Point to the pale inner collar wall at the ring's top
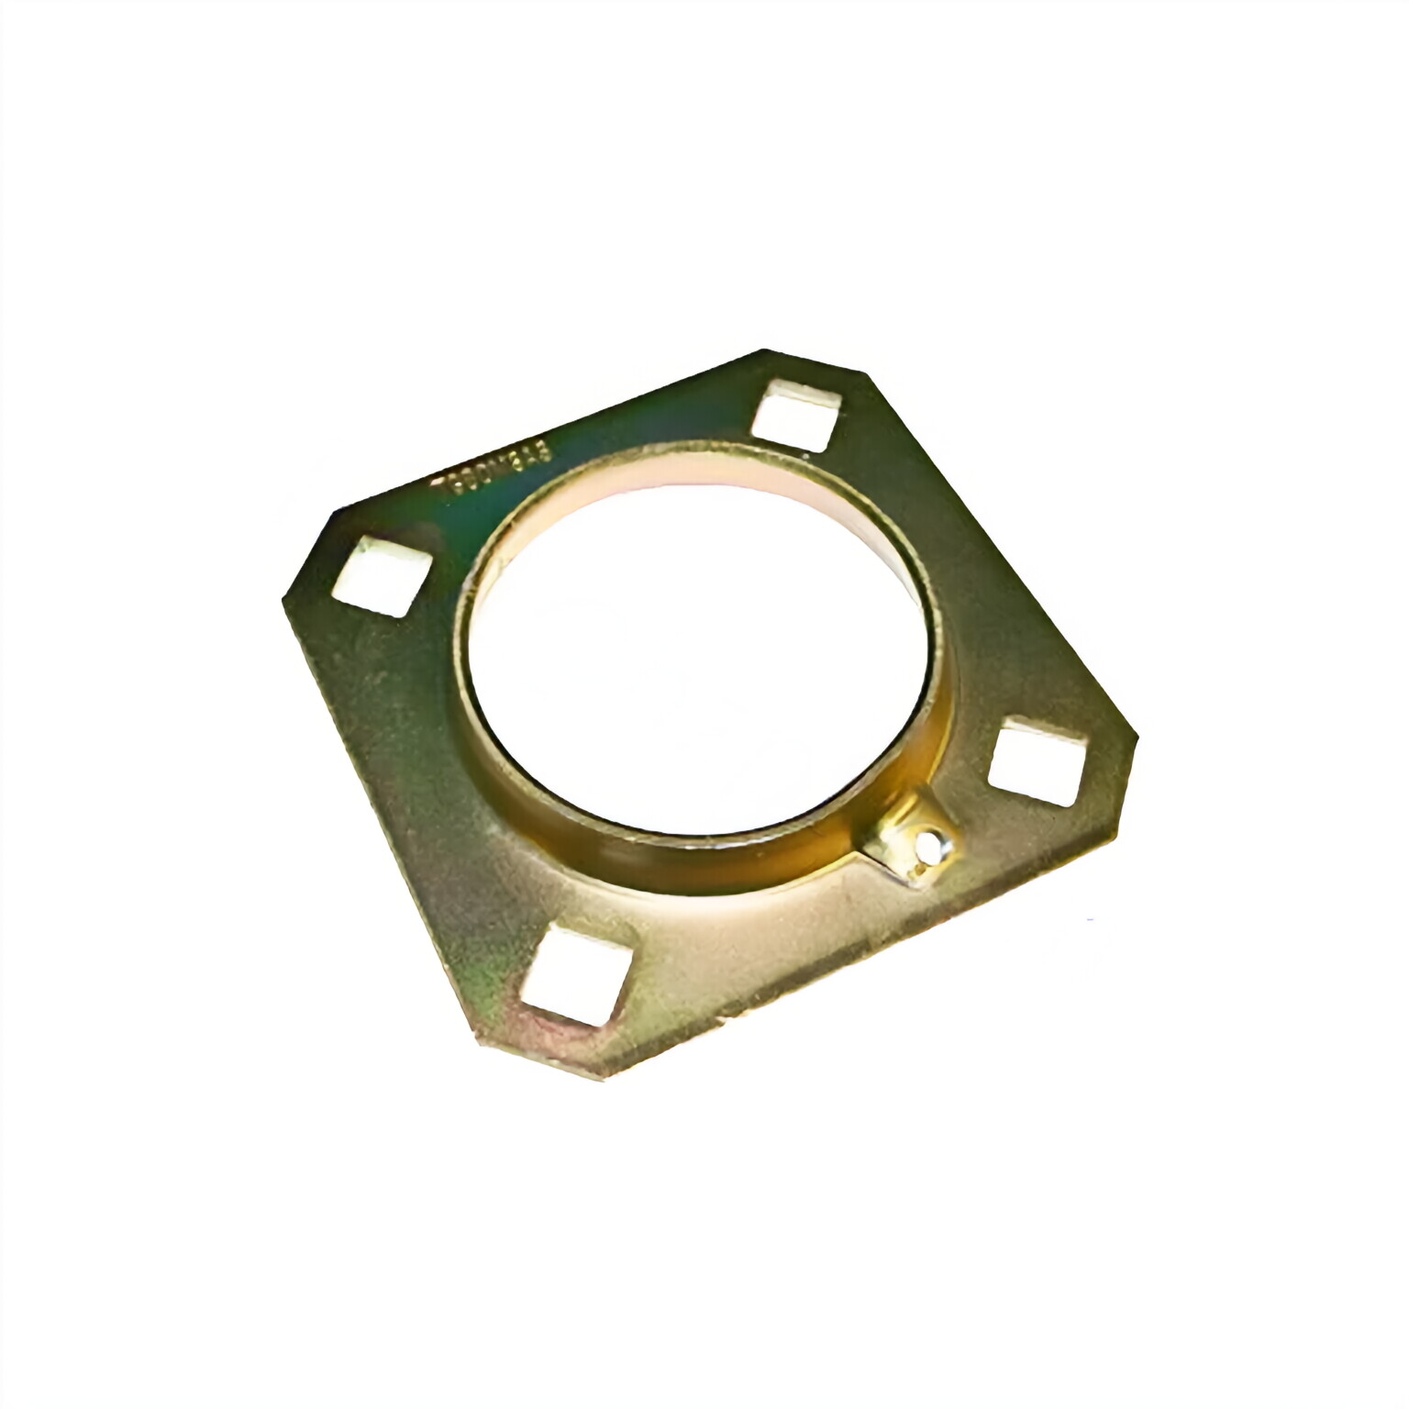[679, 472]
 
